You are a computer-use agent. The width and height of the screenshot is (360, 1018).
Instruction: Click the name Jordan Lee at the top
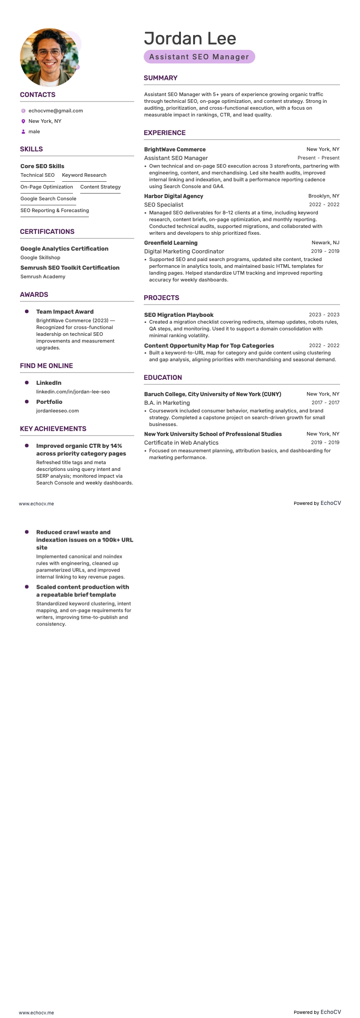click(190, 39)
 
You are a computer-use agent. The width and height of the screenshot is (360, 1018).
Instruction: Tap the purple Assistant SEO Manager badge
click(199, 57)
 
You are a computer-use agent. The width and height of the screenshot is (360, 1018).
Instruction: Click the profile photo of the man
click(49, 58)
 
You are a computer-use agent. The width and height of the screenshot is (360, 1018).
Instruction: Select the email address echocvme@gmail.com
click(55, 111)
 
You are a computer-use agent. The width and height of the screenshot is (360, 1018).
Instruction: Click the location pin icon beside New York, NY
click(23, 121)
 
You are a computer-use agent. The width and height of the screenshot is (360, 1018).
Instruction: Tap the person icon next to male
click(23, 132)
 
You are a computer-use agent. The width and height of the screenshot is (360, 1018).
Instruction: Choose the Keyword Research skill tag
click(84, 175)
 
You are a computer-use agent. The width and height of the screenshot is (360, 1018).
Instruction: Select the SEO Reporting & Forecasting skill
click(54, 210)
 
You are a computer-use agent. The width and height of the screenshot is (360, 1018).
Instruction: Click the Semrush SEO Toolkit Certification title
click(70, 267)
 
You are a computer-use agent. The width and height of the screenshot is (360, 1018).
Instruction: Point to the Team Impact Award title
click(65, 312)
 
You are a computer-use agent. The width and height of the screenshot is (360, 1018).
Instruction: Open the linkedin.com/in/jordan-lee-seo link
click(73, 392)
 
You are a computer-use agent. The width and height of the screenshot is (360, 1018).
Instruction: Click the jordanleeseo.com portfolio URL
click(57, 411)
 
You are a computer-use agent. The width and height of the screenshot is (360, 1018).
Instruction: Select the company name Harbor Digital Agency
click(173, 196)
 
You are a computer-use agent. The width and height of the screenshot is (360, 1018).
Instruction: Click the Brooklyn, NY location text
click(323, 196)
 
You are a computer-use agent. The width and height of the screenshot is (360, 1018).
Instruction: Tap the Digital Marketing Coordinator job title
click(184, 251)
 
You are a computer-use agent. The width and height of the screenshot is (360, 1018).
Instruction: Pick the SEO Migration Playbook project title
click(179, 315)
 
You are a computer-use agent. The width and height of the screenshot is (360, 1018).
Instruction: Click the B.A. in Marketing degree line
click(167, 402)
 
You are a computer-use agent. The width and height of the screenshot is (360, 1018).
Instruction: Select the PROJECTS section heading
click(161, 298)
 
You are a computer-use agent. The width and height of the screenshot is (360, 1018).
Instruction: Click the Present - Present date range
click(318, 158)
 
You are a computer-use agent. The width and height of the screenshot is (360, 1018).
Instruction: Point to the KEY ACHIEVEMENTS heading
click(53, 429)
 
